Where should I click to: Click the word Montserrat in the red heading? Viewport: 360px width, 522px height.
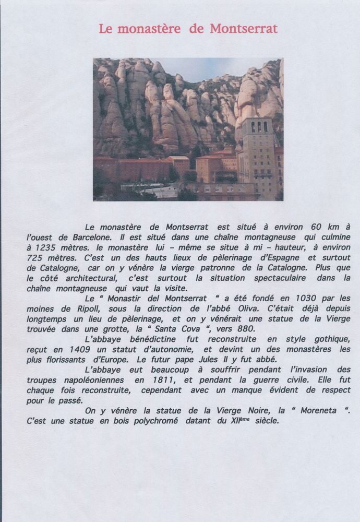pos(244,29)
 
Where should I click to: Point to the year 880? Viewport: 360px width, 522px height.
pos(243,329)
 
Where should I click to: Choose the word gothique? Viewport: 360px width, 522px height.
pos(330,340)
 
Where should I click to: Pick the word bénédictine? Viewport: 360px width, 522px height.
pos(149,340)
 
